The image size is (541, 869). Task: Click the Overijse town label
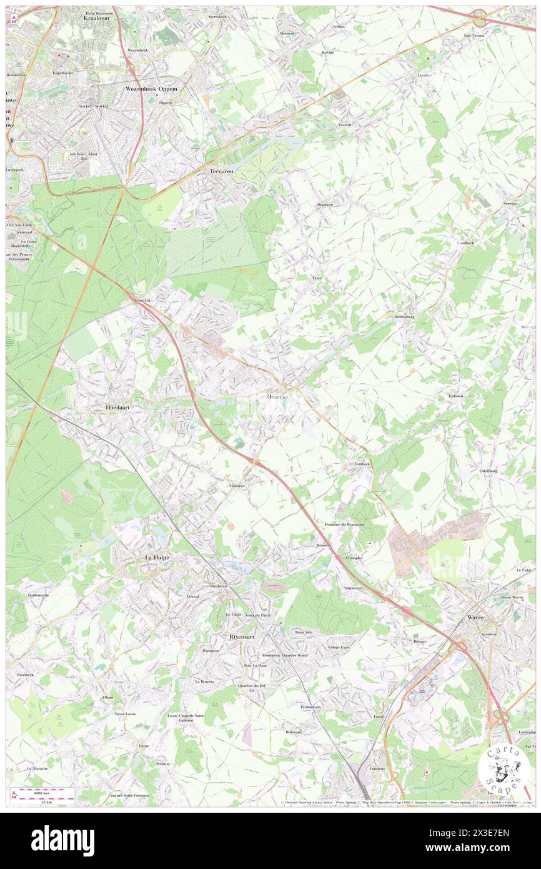[x=279, y=396]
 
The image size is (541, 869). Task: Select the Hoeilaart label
[x=117, y=406]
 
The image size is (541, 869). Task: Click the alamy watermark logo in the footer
[x=62, y=840]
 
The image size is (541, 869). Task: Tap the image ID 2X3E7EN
[x=490, y=833]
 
